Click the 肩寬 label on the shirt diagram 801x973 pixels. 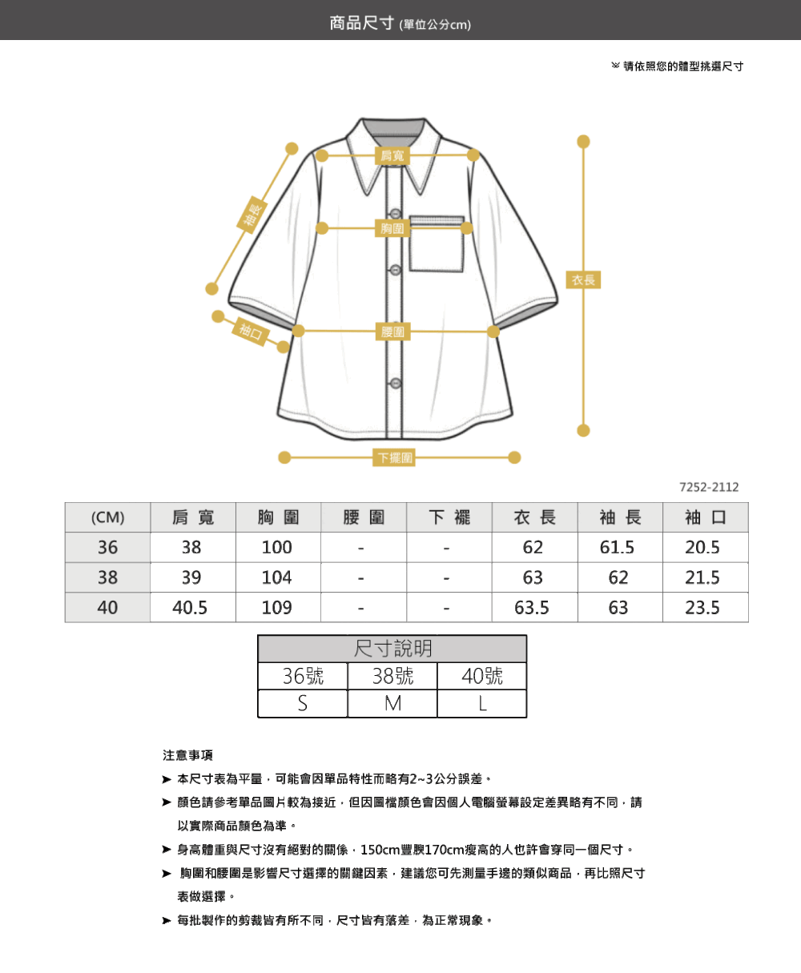point(392,156)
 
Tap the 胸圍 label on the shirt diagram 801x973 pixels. point(392,228)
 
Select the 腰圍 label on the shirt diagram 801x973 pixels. point(392,332)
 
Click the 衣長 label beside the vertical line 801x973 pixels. point(583,279)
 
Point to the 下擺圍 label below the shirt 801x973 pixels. point(395,457)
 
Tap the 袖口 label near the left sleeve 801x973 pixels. point(251,332)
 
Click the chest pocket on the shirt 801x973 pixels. point(436,243)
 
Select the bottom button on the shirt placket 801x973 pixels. point(396,384)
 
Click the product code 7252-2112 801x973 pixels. point(709,487)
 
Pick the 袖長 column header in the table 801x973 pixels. point(620,517)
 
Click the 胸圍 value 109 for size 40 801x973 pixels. point(277,608)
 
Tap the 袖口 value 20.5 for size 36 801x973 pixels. point(702,547)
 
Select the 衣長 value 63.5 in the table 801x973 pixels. point(532,608)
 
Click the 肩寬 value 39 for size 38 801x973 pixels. point(191,577)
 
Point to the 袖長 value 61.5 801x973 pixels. point(617,547)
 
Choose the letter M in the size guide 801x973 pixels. point(392,704)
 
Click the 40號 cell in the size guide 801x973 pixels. point(482,677)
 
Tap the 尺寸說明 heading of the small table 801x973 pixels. point(392,649)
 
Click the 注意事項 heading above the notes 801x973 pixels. point(187,755)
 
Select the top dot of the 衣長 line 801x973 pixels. point(583,142)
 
